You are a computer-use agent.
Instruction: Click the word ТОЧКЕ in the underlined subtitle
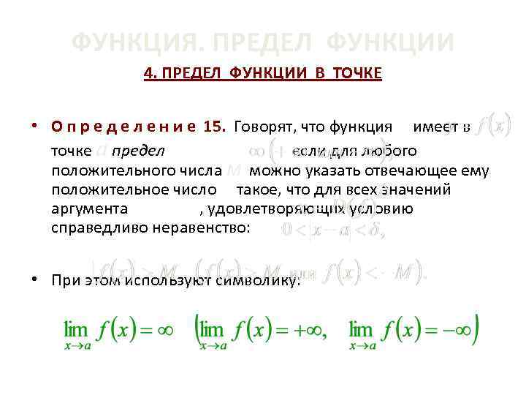pyautogui.click(x=357, y=74)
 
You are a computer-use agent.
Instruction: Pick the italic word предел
pyautogui.click(x=139, y=152)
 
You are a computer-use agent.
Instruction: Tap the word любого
pyautogui.click(x=390, y=152)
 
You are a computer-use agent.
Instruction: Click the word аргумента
pyautogui.click(x=90, y=209)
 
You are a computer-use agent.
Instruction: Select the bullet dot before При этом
pyautogui.click(x=35, y=279)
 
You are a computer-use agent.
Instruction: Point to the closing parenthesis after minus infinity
pyautogui.click(x=476, y=330)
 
